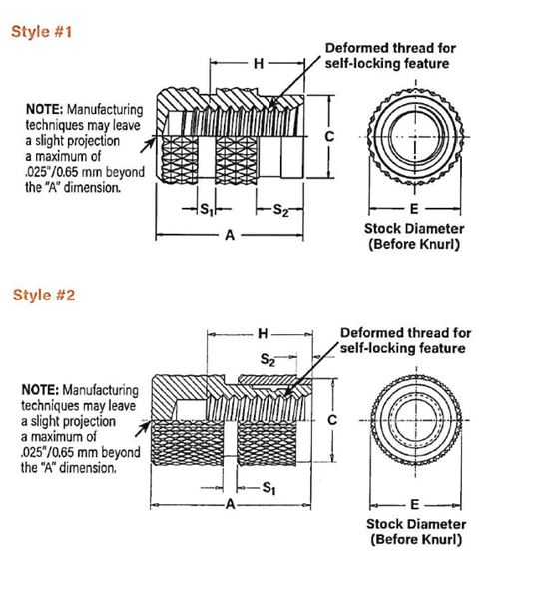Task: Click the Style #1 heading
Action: [x=41, y=31]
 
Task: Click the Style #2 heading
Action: [x=44, y=295]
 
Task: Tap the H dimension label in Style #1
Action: [x=259, y=64]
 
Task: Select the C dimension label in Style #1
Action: [x=329, y=137]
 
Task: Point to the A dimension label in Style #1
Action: [x=230, y=235]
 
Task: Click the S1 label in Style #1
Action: [x=207, y=209]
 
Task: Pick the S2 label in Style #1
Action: [x=281, y=210]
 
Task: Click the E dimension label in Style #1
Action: [x=414, y=209]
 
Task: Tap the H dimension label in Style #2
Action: [x=263, y=334]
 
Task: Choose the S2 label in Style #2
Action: [x=268, y=359]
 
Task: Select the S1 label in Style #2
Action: [x=269, y=488]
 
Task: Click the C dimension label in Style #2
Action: [x=332, y=420]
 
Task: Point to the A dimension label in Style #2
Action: [x=230, y=504]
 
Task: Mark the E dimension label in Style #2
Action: [x=415, y=505]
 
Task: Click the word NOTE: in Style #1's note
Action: [x=44, y=109]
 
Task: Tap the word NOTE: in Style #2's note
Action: [x=40, y=390]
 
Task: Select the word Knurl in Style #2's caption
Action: [x=440, y=539]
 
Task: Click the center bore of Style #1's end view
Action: [x=415, y=137]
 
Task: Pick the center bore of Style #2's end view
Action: [x=415, y=420]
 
